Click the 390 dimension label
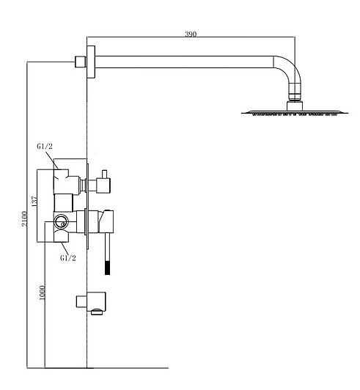pyautogui.click(x=191, y=34)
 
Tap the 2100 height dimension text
pyautogui.click(x=24, y=218)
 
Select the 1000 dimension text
pyautogui.click(x=43, y=292)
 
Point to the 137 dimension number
pyautogui.click(x=34, y=201)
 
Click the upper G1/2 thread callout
pyautogui.click(x=45, y=147)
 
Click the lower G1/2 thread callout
pyautogui.click(x=68, y=258)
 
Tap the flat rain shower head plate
pyautogui.click(x=295, y=113)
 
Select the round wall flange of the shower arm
pyautogui.click(x=91, y=62)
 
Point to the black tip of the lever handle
pyautogui.click(x=107, y=268)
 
